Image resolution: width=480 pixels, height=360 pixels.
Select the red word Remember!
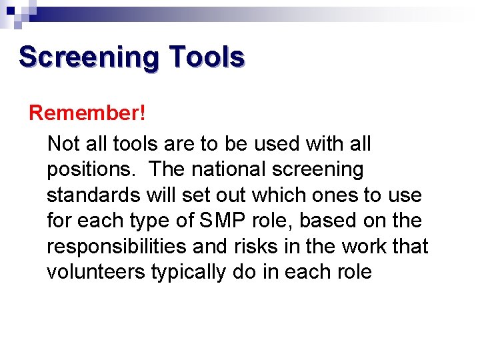pyautogui.click(x=87, y=113)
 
